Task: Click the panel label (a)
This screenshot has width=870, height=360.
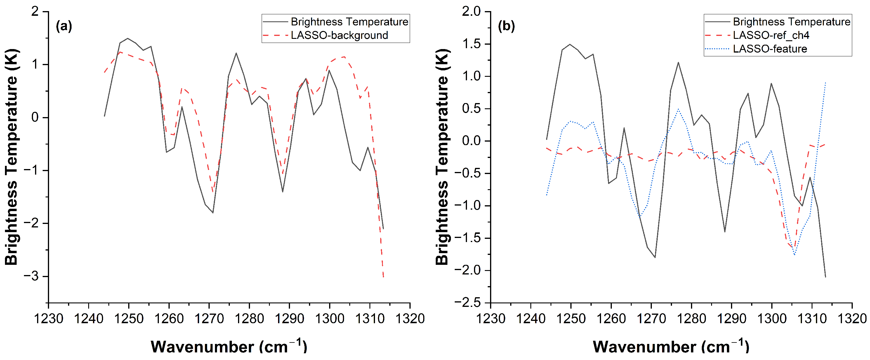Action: pyautogui.click(x=64, y=26)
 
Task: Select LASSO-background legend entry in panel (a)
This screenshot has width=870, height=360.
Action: pyautogui.click(x=339, y=35)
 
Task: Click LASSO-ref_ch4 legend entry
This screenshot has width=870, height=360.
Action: pyautogui.click(x=771, y=35)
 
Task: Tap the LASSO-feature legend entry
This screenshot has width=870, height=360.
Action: pyautogui.click(x=770, y=49)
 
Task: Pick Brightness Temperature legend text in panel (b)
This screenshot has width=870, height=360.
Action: pyautogui.click(x=791, y=22)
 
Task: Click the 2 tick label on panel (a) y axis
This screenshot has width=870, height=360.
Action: pyautogui.click(x=35, y=11)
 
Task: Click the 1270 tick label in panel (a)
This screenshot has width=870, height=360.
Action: pyautogui.click(x=209, y=319)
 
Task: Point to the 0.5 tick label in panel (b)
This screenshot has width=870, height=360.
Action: pyautogui.click(x=471, y=109)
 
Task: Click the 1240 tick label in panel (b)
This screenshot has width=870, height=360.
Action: pyautogui.click(x=531, y=319)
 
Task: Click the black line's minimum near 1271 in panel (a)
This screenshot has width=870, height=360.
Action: pyautogui.click(x=213, y=213)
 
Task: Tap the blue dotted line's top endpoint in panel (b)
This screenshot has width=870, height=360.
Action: pyautogui.click(x=825, y=82)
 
